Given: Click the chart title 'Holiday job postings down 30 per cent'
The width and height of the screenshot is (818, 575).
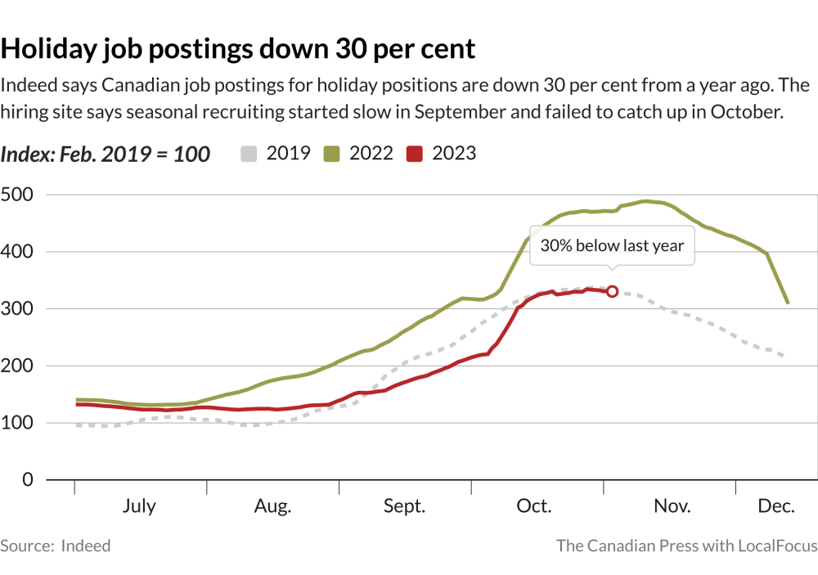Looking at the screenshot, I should [x=237, y=48].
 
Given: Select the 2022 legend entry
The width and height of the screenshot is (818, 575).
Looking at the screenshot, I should [x=360, y=153].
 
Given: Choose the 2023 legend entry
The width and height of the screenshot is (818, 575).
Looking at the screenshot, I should [x=443, y=153].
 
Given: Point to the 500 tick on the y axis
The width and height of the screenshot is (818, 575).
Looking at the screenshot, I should [x=17, y=195].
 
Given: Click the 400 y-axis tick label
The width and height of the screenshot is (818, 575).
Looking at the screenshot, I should [x=17, y=252].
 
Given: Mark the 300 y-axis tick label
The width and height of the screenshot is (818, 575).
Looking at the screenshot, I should [x=17, y=309].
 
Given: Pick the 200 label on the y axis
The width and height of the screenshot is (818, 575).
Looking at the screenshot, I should [x=17, y=366].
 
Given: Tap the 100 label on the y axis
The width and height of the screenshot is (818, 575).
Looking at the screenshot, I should [x=17, y=423].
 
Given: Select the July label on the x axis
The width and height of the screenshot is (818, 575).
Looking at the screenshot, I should [x=139, y=506].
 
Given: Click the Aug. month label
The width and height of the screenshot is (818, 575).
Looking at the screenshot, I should [x=272, y=506].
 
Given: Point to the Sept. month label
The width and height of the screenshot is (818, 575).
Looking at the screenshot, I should [x=404, y=506].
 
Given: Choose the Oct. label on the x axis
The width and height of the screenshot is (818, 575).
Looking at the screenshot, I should [x=534, y=506].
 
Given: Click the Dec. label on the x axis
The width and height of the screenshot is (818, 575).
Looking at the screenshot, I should [x=776, y=506].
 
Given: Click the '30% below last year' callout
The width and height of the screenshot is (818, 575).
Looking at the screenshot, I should [x=612, y=245].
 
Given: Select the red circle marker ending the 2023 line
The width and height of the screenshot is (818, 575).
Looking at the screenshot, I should [x=612, y=292].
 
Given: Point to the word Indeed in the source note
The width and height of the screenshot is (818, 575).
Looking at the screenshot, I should [x=86, y=546].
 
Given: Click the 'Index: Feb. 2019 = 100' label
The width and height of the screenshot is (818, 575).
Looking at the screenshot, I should [x=106, y=154].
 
